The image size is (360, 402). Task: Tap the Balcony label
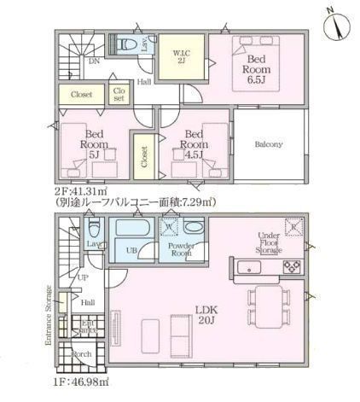[x=269, y=144]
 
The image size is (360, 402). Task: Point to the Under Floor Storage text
[x=272, y=244]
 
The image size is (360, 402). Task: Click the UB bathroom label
[x=132, y=249]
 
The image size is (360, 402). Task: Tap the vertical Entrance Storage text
[x=47, y=315]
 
